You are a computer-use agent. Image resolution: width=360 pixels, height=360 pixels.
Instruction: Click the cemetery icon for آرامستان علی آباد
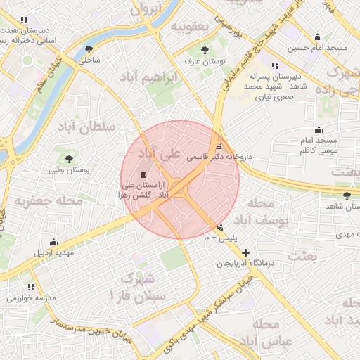144,174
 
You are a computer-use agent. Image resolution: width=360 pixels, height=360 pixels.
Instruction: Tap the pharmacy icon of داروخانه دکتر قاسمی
219,148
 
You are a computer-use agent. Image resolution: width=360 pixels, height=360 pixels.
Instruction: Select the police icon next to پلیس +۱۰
221,227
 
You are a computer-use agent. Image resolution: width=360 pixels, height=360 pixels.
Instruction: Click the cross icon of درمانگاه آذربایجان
245,252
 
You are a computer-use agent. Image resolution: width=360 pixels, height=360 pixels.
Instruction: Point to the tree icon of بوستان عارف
205,50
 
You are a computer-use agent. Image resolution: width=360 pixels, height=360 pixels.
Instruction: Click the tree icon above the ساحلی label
89,49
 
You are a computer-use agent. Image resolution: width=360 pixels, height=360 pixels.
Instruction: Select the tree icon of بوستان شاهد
346,195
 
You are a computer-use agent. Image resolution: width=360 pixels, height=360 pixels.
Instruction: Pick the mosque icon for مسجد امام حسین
317,37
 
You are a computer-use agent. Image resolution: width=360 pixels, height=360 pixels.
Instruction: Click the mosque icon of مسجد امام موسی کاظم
319,129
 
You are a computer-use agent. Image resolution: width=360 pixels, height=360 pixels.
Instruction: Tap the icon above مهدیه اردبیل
54,242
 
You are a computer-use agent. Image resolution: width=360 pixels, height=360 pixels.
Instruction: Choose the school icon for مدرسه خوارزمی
31,287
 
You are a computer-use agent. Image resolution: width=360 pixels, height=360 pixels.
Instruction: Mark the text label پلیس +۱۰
221,239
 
